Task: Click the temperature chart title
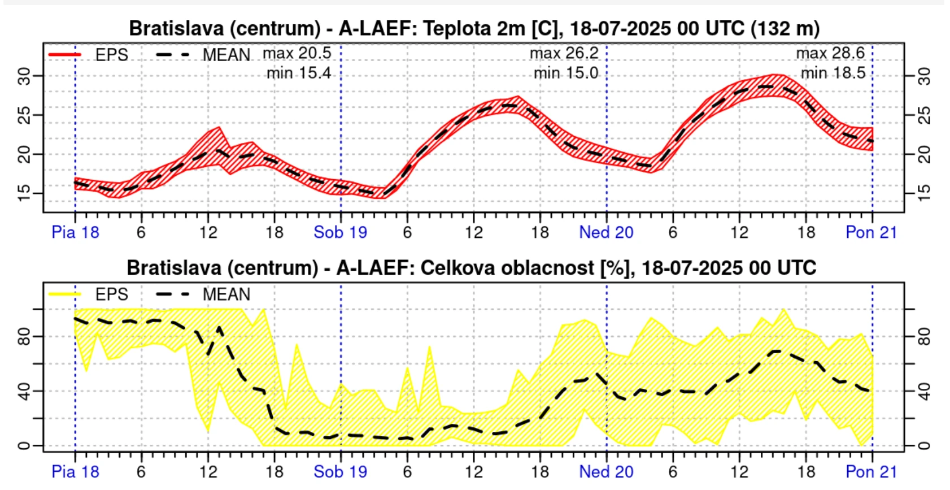pos(474,28)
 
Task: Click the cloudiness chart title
pos(471,267)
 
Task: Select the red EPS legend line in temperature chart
pos(65,55)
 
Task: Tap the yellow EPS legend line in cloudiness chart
pos(65,294)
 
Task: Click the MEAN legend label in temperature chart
pos(226,55)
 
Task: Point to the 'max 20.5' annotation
pos(297,53)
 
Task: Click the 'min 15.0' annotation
pos(565,73)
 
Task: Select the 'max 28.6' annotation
pos(830,53)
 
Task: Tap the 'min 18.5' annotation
pos(833,73)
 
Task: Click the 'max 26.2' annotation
pos(564,53)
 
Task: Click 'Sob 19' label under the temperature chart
pos(340,232)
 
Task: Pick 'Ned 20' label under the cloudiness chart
pos(606,471)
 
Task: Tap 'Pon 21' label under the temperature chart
pos(871,232)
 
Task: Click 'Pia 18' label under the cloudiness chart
pos(75,471)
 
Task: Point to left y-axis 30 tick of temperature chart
pos(24,76)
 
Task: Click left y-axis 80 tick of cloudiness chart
pos(24,337)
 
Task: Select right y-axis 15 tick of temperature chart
pos(924,193)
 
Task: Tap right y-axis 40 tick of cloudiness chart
pos(924,391)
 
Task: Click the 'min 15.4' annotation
pos(299,73)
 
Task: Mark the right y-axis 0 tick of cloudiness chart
pos(924,446)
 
